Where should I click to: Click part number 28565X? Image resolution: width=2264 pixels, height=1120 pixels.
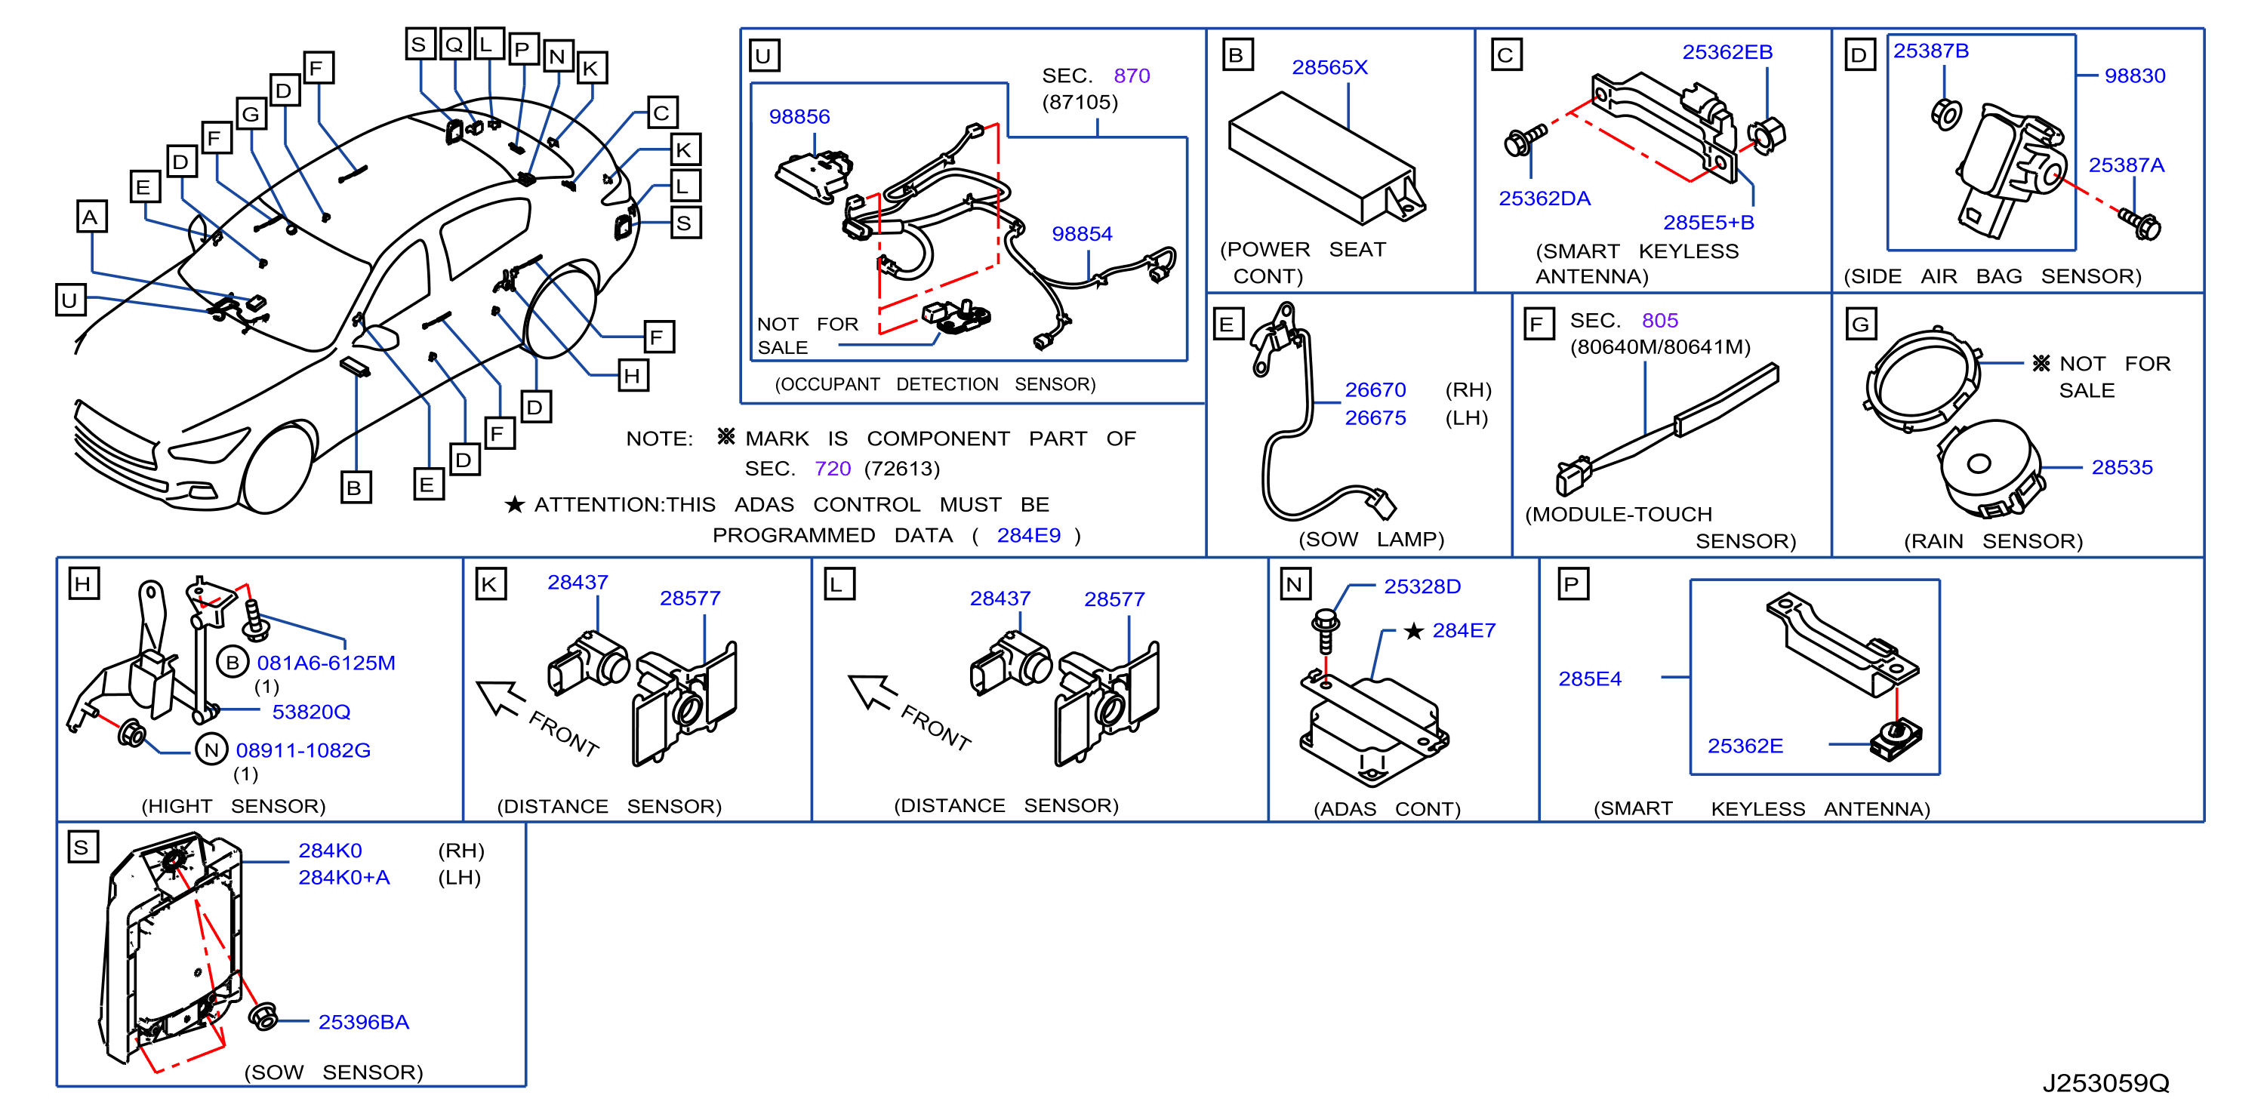click(1329, 68)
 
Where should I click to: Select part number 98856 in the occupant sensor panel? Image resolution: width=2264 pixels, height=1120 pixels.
click(799, 117)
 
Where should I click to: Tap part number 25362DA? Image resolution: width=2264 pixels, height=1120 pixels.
click(1545, 198)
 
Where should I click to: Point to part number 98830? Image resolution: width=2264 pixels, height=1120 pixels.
click(2134, 75)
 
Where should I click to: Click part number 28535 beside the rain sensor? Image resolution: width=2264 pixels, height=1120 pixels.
click(2121, 467)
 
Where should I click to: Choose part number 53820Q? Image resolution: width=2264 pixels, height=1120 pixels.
click(311, 712)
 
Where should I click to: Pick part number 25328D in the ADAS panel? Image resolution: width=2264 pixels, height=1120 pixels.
click(1422, 586)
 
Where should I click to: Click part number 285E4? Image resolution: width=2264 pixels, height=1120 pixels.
click(1590, 679)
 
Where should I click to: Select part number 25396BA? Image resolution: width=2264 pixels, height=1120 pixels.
click(364, 1022)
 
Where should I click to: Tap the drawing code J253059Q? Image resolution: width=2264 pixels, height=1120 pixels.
click(2105, 1083)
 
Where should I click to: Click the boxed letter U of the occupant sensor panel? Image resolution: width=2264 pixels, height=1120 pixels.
click(764, 55)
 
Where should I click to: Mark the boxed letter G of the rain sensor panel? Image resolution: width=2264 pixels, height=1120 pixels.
click(1861, 324)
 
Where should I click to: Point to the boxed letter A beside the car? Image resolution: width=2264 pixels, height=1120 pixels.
click(91, 216)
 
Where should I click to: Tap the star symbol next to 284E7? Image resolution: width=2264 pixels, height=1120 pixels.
click(1413, 631)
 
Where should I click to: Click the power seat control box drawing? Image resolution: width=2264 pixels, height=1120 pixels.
click(1326, 158)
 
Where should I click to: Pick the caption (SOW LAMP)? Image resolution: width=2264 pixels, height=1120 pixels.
click(1371, 540)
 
